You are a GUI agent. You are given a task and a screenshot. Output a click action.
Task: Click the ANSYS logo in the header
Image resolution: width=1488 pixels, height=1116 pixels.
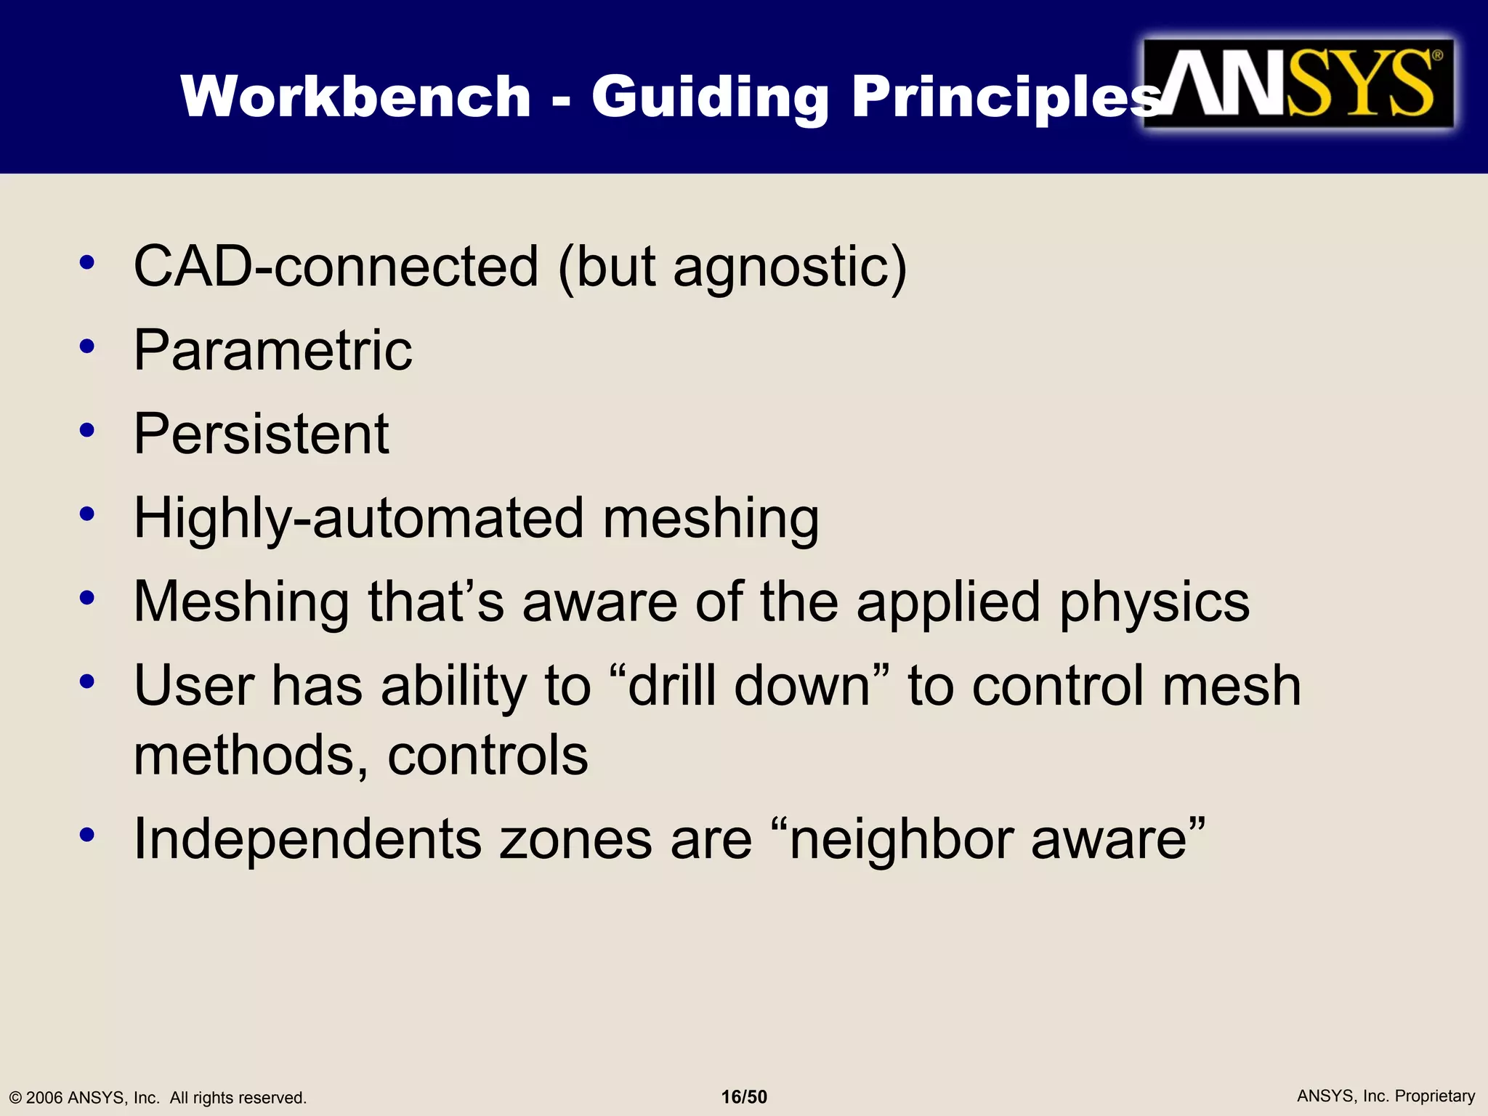1298,84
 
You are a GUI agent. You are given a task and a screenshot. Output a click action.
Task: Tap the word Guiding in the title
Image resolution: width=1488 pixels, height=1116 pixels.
710,98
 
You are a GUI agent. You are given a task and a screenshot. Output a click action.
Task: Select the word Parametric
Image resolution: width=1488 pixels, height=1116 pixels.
273,350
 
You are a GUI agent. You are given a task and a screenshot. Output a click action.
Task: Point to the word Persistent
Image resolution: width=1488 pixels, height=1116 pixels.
262,434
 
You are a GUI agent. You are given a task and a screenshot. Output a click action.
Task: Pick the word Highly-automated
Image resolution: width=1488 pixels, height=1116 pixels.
359,519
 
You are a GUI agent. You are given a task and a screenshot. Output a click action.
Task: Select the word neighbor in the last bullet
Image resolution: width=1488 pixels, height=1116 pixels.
901,839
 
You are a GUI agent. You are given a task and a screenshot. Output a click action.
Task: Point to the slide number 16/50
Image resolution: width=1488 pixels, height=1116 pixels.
744,1097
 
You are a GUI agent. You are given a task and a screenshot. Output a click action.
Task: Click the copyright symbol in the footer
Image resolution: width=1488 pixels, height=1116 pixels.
15,1098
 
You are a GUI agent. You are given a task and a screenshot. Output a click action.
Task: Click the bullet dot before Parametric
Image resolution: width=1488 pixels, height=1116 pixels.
87,347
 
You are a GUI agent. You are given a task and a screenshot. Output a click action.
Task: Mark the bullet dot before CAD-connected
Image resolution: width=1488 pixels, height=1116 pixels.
87,263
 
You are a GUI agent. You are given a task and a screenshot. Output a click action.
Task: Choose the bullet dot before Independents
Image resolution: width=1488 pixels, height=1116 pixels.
87,836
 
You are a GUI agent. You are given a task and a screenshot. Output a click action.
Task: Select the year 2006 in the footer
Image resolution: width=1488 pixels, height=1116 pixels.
44,1098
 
